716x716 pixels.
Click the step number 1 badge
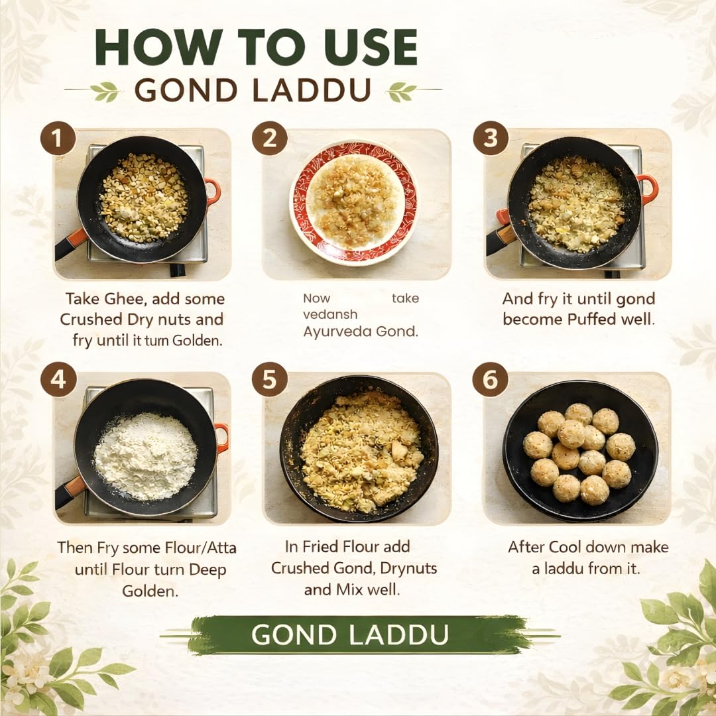coord(58,138)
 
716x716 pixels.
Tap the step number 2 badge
coord(269,138)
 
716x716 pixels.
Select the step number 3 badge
coord(491,138)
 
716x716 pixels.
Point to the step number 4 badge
coord(58,379)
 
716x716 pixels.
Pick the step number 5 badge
coord(269,379)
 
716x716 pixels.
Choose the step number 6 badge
coord(490,379)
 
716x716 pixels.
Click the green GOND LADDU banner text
coord(350,634)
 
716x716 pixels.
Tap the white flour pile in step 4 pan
coord(146,456)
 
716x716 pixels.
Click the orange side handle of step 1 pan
coord(213,192)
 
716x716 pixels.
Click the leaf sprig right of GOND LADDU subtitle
coord(401,90)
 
